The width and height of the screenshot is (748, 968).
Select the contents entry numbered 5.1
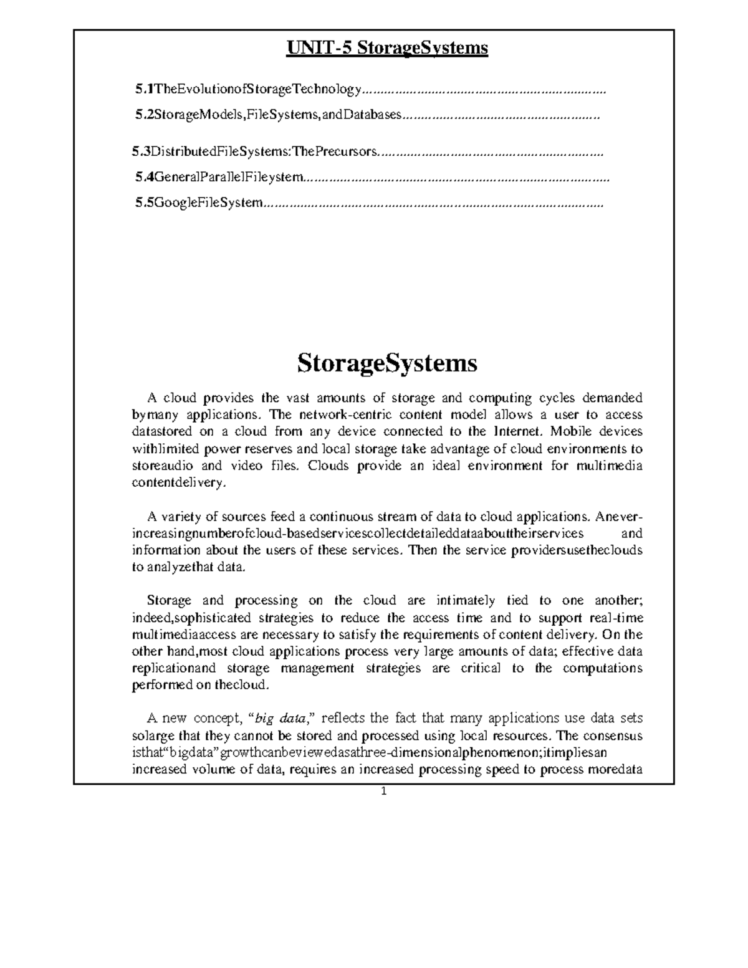(x=248, y=90)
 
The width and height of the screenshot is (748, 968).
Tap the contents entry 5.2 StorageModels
(x=268, y=115)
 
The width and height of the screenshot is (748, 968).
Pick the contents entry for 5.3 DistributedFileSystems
(x=255, y=151)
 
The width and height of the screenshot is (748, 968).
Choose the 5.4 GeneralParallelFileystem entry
(x=219, y=178)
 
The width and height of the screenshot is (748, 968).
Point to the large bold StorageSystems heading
(x=386, y=363)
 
